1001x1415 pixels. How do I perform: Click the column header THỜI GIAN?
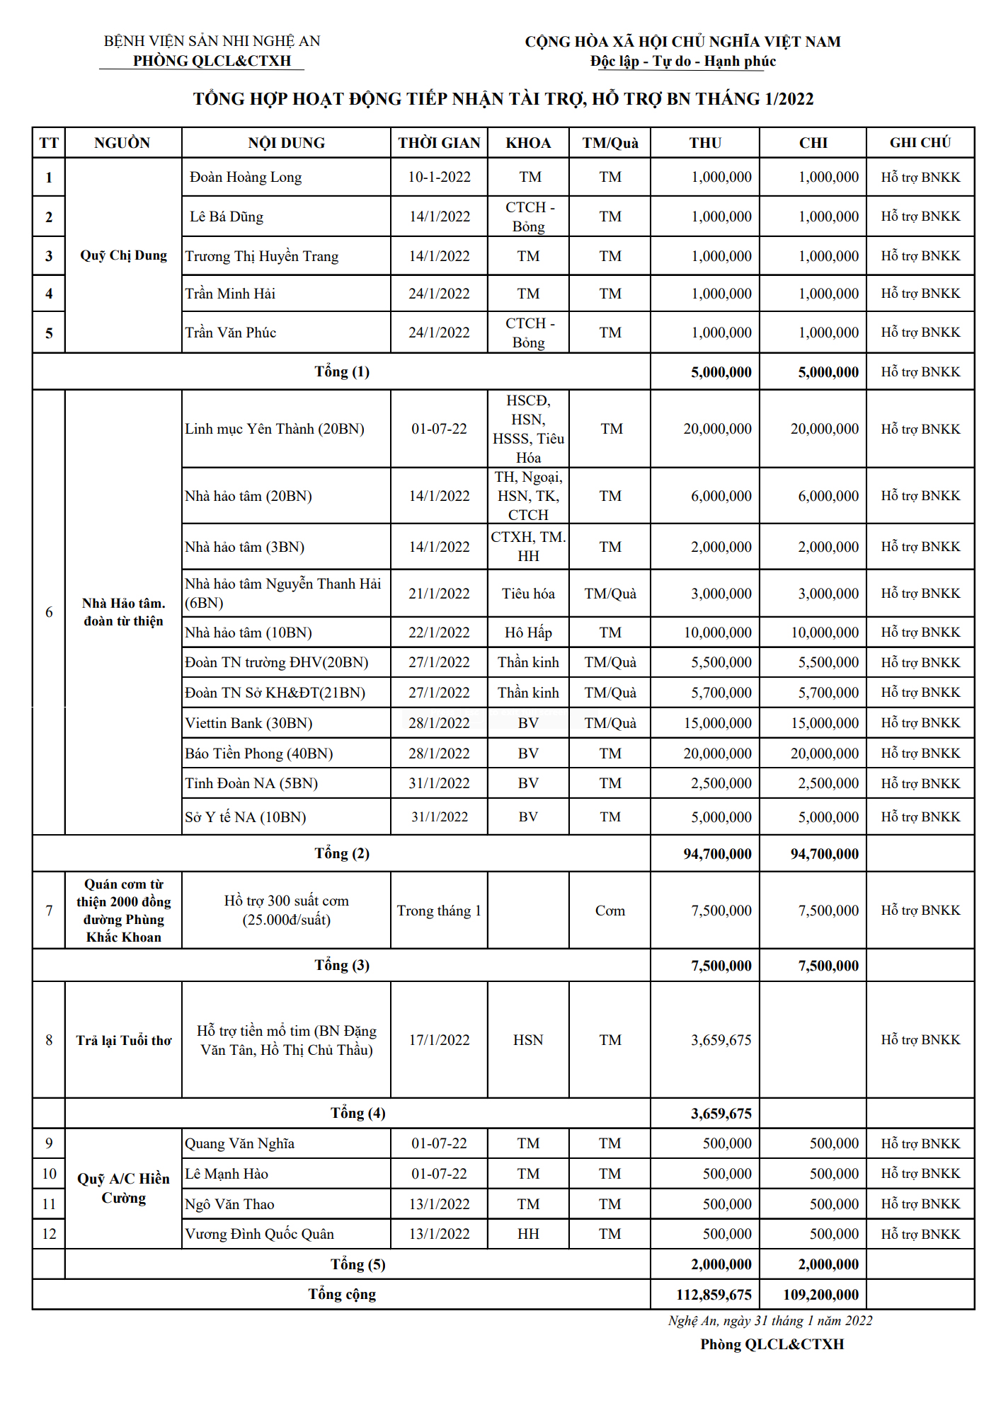pyautogui.click(x=439, y=143)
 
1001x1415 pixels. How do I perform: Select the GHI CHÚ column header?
pyautogui.click(x=920, y=143)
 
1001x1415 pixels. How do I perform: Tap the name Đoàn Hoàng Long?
pyautogui.click(x=246, y=178)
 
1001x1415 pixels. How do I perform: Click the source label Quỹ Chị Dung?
pyautogui.click(x=123, y=255)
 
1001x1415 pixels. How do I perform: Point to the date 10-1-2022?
pyautogui.click(x=439, y=178)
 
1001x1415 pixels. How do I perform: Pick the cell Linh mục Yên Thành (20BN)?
pyautogui.click(x=275, y=429)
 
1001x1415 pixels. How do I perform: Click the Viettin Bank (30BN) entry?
pyautogui.click(x=248, y=723)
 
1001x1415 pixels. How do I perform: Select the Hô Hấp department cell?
pyautogui.click(x=528, y=633)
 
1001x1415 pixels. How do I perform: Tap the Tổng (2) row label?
pyautogui.click(x=342, y=853)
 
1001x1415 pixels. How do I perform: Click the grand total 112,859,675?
pyautogui.click(x=714, y=1295)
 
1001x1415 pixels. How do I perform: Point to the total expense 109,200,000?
pyautogui.click(x=820, y=1295)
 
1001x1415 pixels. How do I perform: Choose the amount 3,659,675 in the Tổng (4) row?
pyautogui.click(x=721, y=1114)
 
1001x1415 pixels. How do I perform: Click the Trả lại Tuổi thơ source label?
pyautogui.click(x=123, y=1040)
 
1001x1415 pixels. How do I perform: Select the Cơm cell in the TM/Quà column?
pyautogui.click(x=610, y=911)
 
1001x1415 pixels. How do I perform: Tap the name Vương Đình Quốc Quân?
pyautogui.click(x=259, y=1234)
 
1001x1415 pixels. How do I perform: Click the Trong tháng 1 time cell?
pyautogui.click(x=439, y=911)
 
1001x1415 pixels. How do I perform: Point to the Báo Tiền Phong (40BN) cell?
pyautogui.click(x=259, y=753)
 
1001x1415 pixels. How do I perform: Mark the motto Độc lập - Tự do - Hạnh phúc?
pyautogui.click(x=683, y=62)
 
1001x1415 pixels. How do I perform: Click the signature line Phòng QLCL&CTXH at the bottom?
pyautogui.click(x=772, y=1344)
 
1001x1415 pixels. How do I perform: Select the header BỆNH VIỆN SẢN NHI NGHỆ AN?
pyautogui.click(x=212, y=41)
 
